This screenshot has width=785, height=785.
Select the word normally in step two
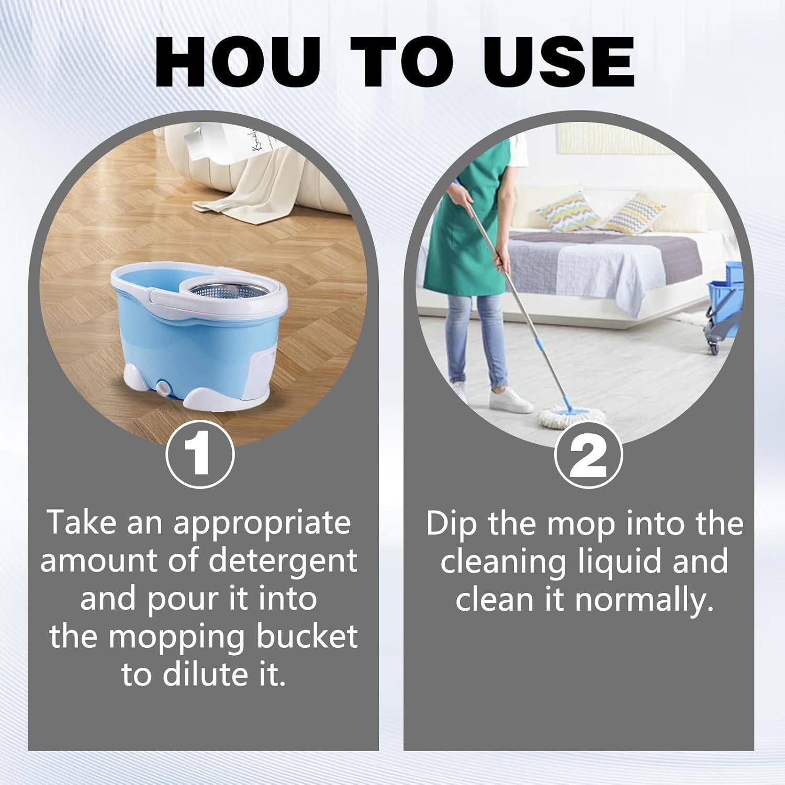[x=644, y=600]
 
